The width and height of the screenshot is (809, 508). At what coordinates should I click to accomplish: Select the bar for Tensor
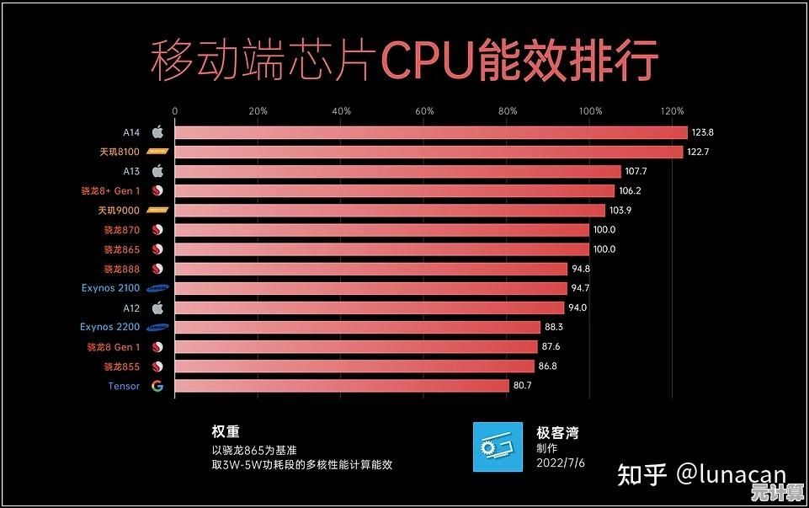click(x=342, y=386)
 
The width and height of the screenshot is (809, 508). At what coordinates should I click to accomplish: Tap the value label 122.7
click(x=700, y=152)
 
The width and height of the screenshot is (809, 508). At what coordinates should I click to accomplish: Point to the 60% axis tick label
click(x=425, y=111)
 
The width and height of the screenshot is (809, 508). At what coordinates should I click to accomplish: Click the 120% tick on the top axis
click(x=673, y=111)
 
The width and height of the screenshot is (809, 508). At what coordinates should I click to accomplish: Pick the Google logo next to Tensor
click(x=157, y=386)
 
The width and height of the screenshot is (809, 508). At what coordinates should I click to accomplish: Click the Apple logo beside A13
click(x=157, y=171)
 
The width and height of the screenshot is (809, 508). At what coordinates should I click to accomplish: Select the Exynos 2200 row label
click(x=109, y=327)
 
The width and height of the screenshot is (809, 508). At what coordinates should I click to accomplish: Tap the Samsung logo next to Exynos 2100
click(x=157, y=288)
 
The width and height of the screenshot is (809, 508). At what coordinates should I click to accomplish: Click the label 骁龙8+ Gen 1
click(x=110, y=191)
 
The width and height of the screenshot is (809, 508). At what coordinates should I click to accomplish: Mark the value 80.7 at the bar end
click(x=523, y=386)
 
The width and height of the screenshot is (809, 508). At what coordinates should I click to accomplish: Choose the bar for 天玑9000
click(x=390, y=211)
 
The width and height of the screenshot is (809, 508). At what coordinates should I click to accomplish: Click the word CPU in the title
click(x=427, y=61)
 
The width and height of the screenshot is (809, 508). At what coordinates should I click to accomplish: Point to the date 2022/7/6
click(x=561, y=463)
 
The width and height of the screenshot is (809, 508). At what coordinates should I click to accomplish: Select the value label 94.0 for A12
click(x=577, y=307)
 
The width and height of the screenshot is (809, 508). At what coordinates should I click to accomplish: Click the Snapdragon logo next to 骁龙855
click(x=157, y=366)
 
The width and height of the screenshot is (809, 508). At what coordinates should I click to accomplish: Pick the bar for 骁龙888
click(x=371, y=269)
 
